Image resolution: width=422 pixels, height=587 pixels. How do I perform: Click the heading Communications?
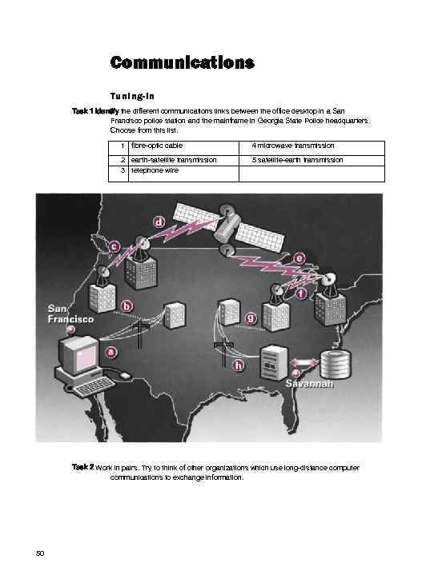(x=182, y=62)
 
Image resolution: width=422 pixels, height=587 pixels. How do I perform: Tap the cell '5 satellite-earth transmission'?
(x=297, y=160)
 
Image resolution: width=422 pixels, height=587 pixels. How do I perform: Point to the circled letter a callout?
(x=111, y=351)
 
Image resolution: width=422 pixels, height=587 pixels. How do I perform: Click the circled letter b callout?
(x=127, y=305)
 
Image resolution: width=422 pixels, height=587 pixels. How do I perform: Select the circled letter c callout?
(x=115, y=247)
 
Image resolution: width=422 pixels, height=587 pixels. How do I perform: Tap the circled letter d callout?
(x=160, y=222)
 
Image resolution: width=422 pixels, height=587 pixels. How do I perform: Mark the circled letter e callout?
(x=299, y=258)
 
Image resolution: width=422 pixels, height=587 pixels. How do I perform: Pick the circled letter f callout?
(x=301, y=293)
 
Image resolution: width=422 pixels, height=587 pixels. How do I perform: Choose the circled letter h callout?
(x=238, y=365)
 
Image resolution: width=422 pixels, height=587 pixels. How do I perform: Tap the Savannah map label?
(x=309, y=385)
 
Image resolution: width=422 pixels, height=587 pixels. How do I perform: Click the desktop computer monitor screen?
(x=80, y=353)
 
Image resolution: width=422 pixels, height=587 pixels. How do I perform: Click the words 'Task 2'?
(x=81, y=465)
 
